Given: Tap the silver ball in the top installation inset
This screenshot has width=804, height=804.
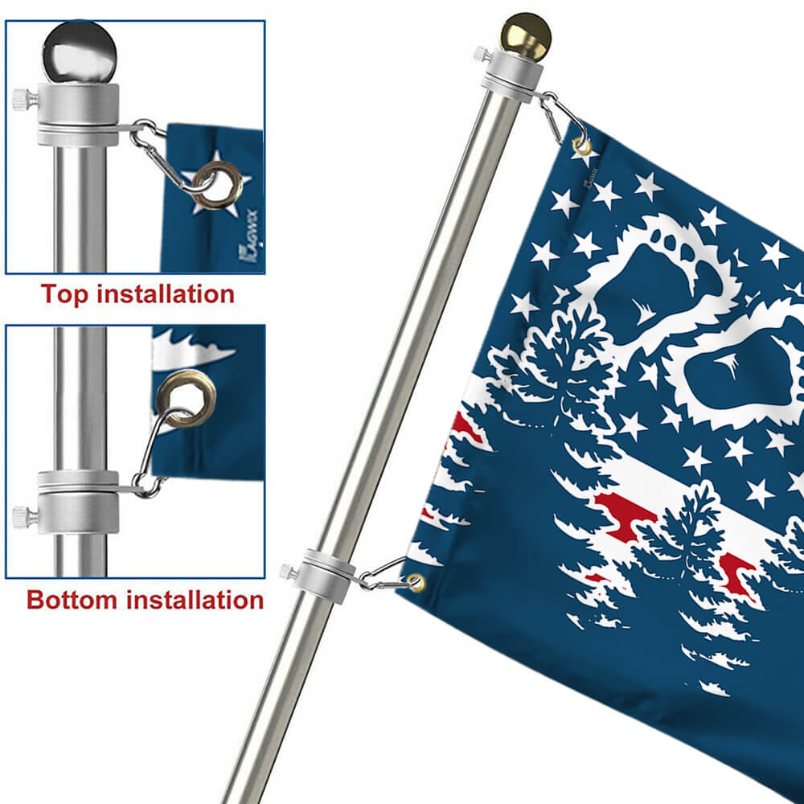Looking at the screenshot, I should click(79, 51).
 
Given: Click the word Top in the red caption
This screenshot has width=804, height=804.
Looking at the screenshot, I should click(64, 294).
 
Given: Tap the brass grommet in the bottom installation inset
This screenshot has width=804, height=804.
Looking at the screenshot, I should click(186, 394).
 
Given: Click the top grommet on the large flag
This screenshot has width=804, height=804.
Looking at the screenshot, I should click(581, 146).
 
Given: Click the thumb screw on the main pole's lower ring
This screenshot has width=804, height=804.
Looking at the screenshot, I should click(286, 572).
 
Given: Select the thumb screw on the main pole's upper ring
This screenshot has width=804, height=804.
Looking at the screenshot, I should click(482, 55).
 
